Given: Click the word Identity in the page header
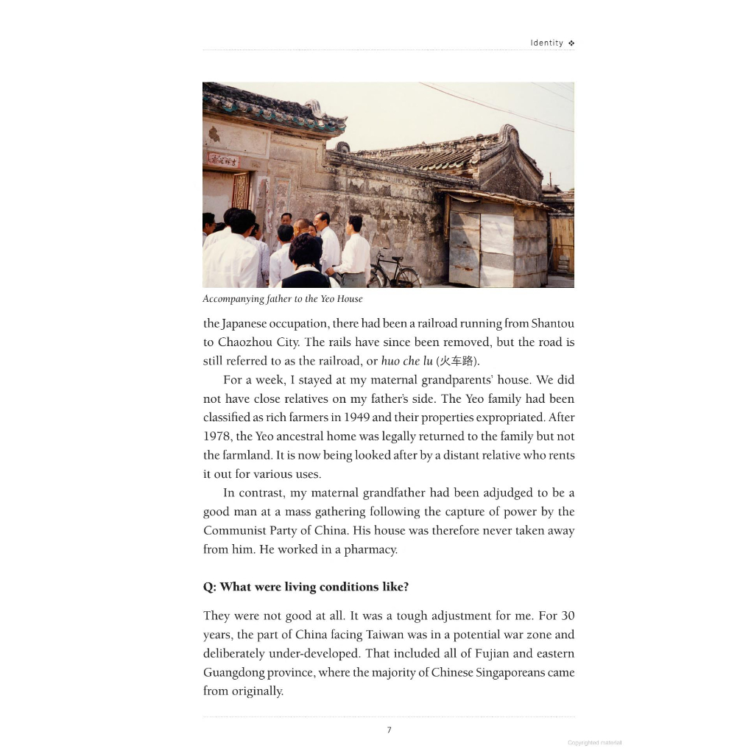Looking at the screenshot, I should pos(546,43).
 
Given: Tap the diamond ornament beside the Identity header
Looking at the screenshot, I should pos(571,43).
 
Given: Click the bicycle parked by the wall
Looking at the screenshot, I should pos(394,272).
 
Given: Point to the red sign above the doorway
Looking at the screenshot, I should pos(223,159).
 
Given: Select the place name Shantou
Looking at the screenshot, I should pos(552,323).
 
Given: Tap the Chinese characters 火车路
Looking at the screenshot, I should pos(458,362).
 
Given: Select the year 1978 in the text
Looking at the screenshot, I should pos(217,437).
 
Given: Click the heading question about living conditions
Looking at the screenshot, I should pos(306,587).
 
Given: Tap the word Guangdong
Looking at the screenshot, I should pos(236,673).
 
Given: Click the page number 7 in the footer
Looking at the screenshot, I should pos(389,730).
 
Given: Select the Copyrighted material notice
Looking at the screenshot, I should pos(594,743).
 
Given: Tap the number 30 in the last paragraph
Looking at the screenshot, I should pos(567,616).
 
